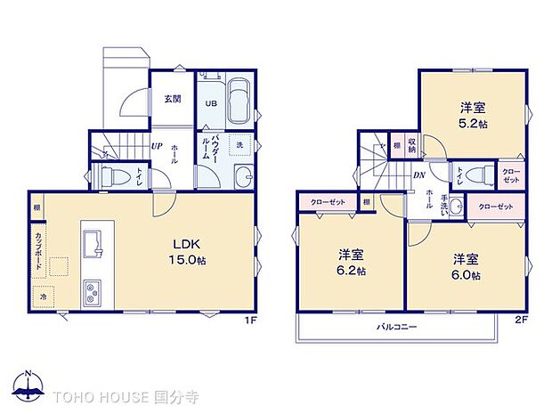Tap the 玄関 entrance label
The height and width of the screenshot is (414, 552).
pos(173,99)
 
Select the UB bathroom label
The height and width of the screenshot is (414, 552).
pos(211,103)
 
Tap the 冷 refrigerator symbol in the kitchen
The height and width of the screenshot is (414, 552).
pos(43,295)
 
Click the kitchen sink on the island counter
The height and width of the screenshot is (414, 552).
pos(92,241)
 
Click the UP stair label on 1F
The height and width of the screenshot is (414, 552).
pos(156,146)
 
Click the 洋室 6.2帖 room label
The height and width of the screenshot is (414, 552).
pos(349,260)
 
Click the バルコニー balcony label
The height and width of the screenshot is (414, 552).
pos(397,329)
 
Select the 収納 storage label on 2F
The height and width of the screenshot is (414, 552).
pos(412,145)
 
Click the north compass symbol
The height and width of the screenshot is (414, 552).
pos(29,386)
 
